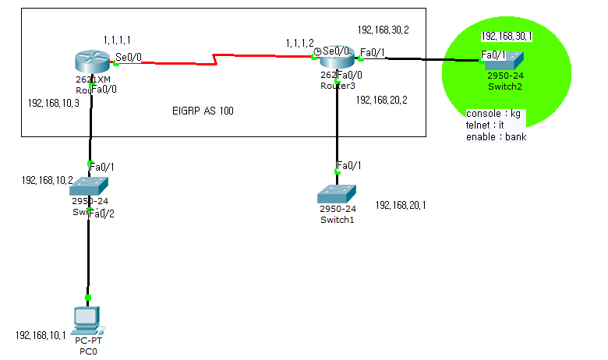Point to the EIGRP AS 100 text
tap(203, 111)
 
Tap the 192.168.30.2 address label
tap(383, 30)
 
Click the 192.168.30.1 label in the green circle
tap(507, 36)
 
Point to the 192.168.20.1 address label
tap(401, 205)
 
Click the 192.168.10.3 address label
tap(53, 103)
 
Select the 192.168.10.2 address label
tap(48, 180)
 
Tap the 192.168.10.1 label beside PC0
tap(41, 335)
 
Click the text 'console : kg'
tap(493, 114)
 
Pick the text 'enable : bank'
tap(496, 137)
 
